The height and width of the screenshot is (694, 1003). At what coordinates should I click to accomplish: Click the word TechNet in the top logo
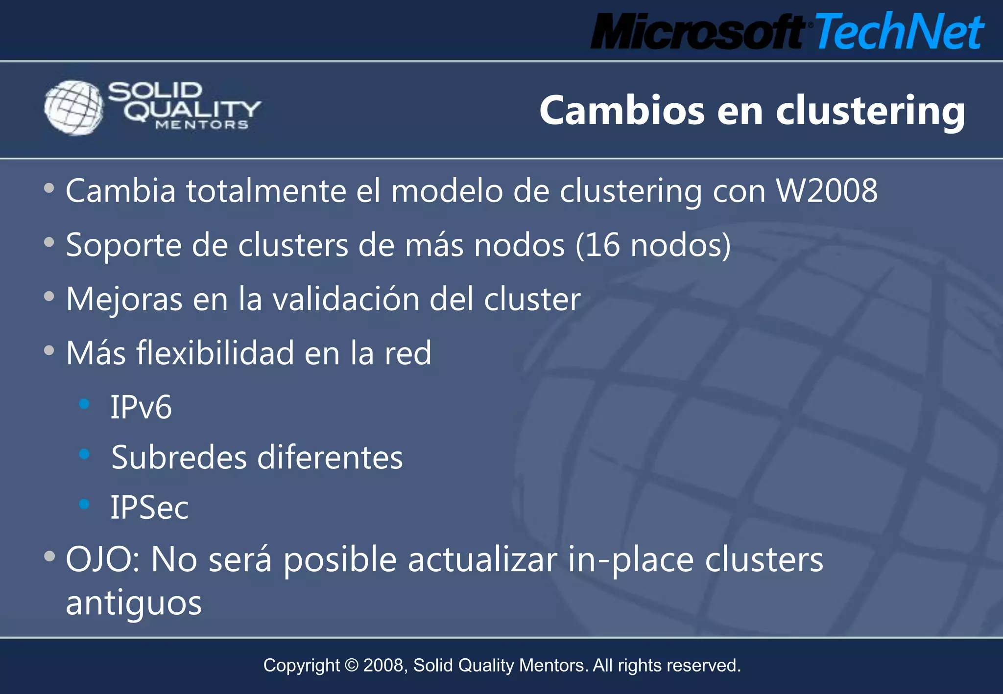pyautogui.click(x=899, y=31)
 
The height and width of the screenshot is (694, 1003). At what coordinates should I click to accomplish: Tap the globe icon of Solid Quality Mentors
pyautogui.click(x=73, y=107)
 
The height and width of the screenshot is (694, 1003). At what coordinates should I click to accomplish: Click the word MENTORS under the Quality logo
pyautogui.click(x=202, y=125)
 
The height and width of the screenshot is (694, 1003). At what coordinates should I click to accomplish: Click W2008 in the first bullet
pyautogui.click(x=827, y=190)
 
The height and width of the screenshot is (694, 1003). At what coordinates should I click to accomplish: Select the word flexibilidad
pyautogui.click(x=215, y=353)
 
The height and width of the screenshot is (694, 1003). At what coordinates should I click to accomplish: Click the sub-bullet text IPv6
pyautogui.click(x=141, y=407)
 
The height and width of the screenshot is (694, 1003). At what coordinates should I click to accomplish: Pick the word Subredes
pyautogui.click(x=179, y=458)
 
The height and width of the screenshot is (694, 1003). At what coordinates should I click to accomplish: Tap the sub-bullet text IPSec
pyautogui.click(x=149, y=508)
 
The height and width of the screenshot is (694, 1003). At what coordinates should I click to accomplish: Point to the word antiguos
pyautogui.click(x=134, y=603)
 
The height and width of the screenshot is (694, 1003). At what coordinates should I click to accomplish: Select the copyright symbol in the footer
pyautogui.click(x=352, y=666)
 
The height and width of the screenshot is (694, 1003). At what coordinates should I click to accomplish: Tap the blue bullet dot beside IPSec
pyautogui.click(x=84, y=504)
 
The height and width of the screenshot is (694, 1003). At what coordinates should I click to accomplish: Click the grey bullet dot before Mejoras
pyautogui.click(x=49, y=296)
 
